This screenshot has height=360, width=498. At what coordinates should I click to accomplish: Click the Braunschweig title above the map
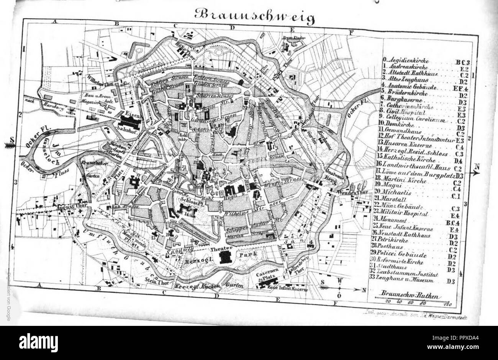[254, 16]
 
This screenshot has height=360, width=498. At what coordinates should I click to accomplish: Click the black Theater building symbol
[226, 258]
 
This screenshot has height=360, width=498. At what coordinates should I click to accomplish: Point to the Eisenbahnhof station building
[131, 122]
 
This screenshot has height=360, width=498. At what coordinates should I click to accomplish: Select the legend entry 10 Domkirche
[398, 127]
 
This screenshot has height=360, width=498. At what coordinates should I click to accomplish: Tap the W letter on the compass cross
[339, 281]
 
